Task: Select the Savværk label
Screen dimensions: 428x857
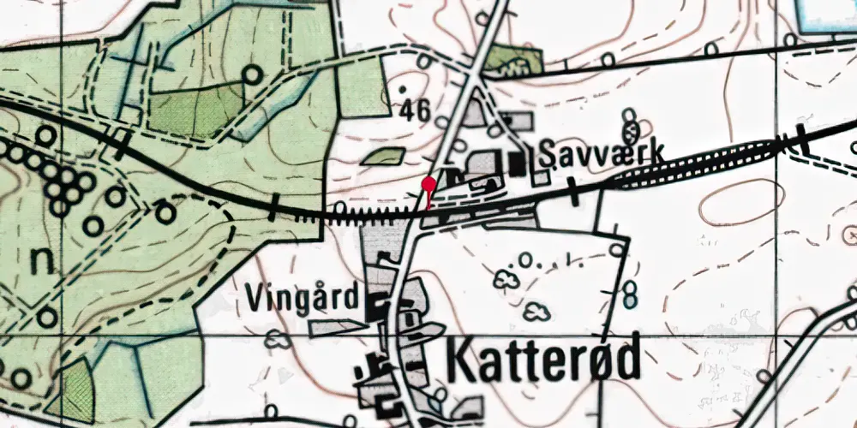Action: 602,154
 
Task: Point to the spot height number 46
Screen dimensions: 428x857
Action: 415,110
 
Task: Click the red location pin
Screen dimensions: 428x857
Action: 428,184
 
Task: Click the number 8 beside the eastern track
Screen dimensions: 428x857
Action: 631,296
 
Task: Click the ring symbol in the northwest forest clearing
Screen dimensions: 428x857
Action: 250,74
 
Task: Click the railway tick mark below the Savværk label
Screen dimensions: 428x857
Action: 572,192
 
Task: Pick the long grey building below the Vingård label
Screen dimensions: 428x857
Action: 336,328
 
